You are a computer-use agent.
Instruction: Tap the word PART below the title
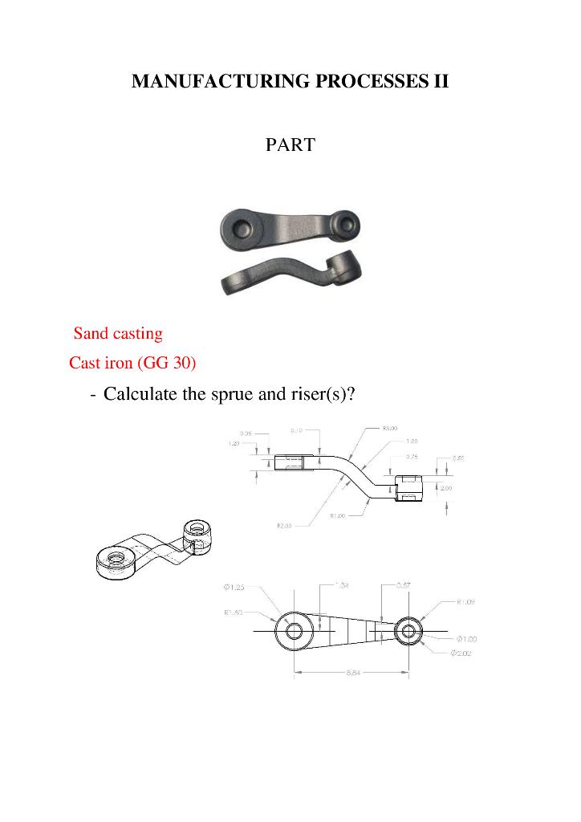290,145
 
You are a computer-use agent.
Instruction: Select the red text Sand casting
118,333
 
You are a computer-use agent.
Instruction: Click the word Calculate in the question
141,395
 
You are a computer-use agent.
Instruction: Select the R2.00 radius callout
284,526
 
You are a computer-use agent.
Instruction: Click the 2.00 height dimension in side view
446,488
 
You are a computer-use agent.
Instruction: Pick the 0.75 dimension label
412,457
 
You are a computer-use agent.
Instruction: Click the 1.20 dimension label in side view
235,443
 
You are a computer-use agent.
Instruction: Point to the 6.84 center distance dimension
354,673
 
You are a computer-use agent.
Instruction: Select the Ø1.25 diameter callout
235,588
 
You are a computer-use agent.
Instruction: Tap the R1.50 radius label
235,612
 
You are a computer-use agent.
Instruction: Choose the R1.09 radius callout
466,601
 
